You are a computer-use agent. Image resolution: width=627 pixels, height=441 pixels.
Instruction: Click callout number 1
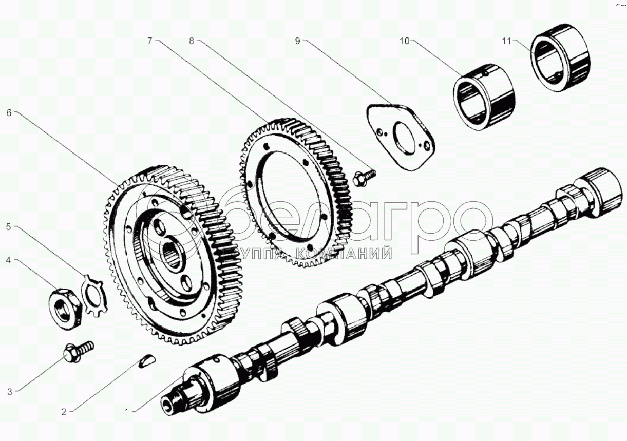(128, 410)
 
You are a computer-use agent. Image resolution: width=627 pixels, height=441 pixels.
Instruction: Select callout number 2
(63, 411)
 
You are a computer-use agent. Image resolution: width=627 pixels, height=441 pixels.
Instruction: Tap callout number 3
(10, 392)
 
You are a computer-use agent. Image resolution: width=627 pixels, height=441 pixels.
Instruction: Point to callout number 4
(8, 260)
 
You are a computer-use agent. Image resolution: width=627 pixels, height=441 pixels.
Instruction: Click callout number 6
(8, 112)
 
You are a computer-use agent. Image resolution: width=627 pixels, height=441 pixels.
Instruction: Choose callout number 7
(149, 41)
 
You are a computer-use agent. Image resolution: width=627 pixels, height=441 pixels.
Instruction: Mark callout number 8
(192, 41)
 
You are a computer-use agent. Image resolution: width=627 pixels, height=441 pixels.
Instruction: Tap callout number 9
(297, 41)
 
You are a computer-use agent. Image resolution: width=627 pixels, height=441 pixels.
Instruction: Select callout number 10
(405, 41)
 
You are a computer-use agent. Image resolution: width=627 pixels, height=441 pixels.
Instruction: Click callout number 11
(507, 41)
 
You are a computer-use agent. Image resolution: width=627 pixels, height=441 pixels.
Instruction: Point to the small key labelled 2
(146, 361)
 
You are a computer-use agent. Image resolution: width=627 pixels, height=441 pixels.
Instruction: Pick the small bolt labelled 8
(365, 175)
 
